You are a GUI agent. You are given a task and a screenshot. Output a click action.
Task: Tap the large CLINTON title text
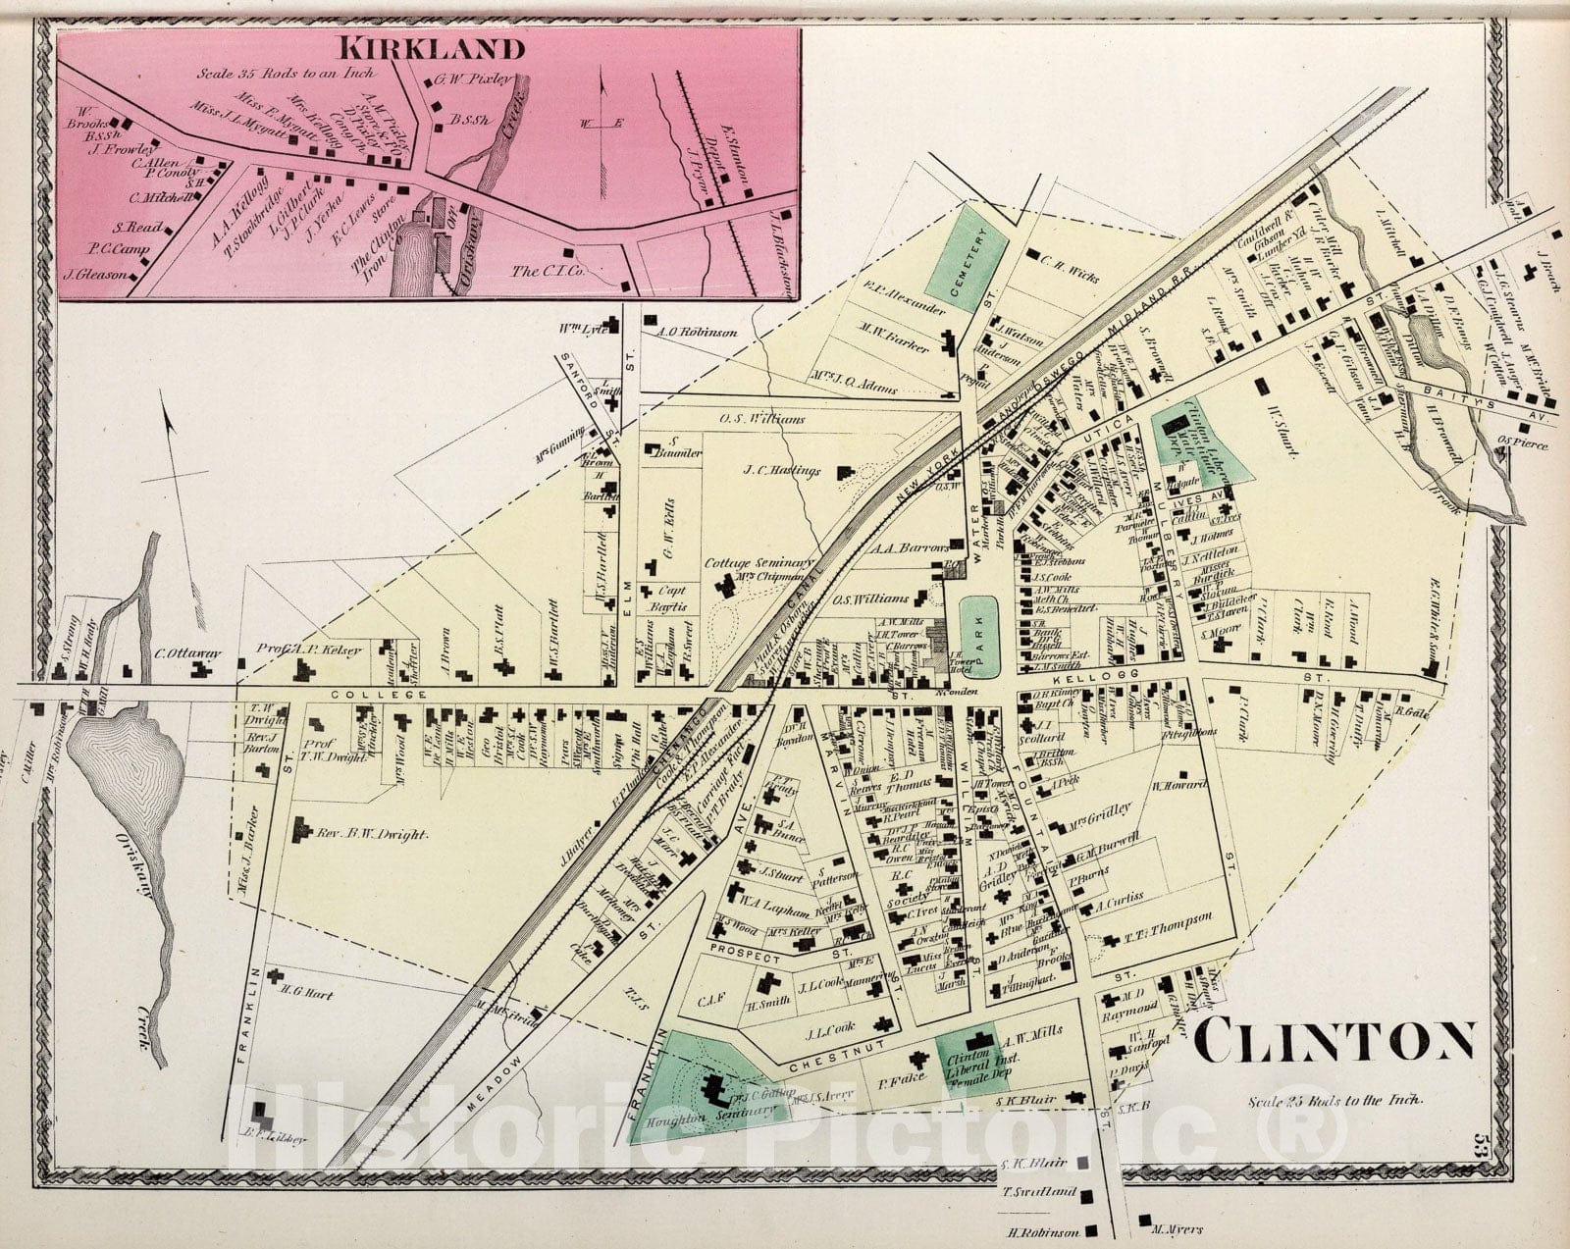(x=1335, y=1043)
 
